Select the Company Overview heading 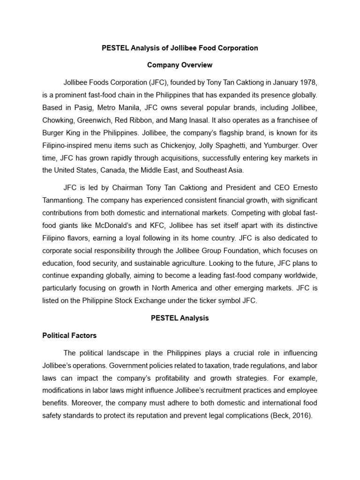(x=180, y=65)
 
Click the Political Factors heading (x=69, y=335)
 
